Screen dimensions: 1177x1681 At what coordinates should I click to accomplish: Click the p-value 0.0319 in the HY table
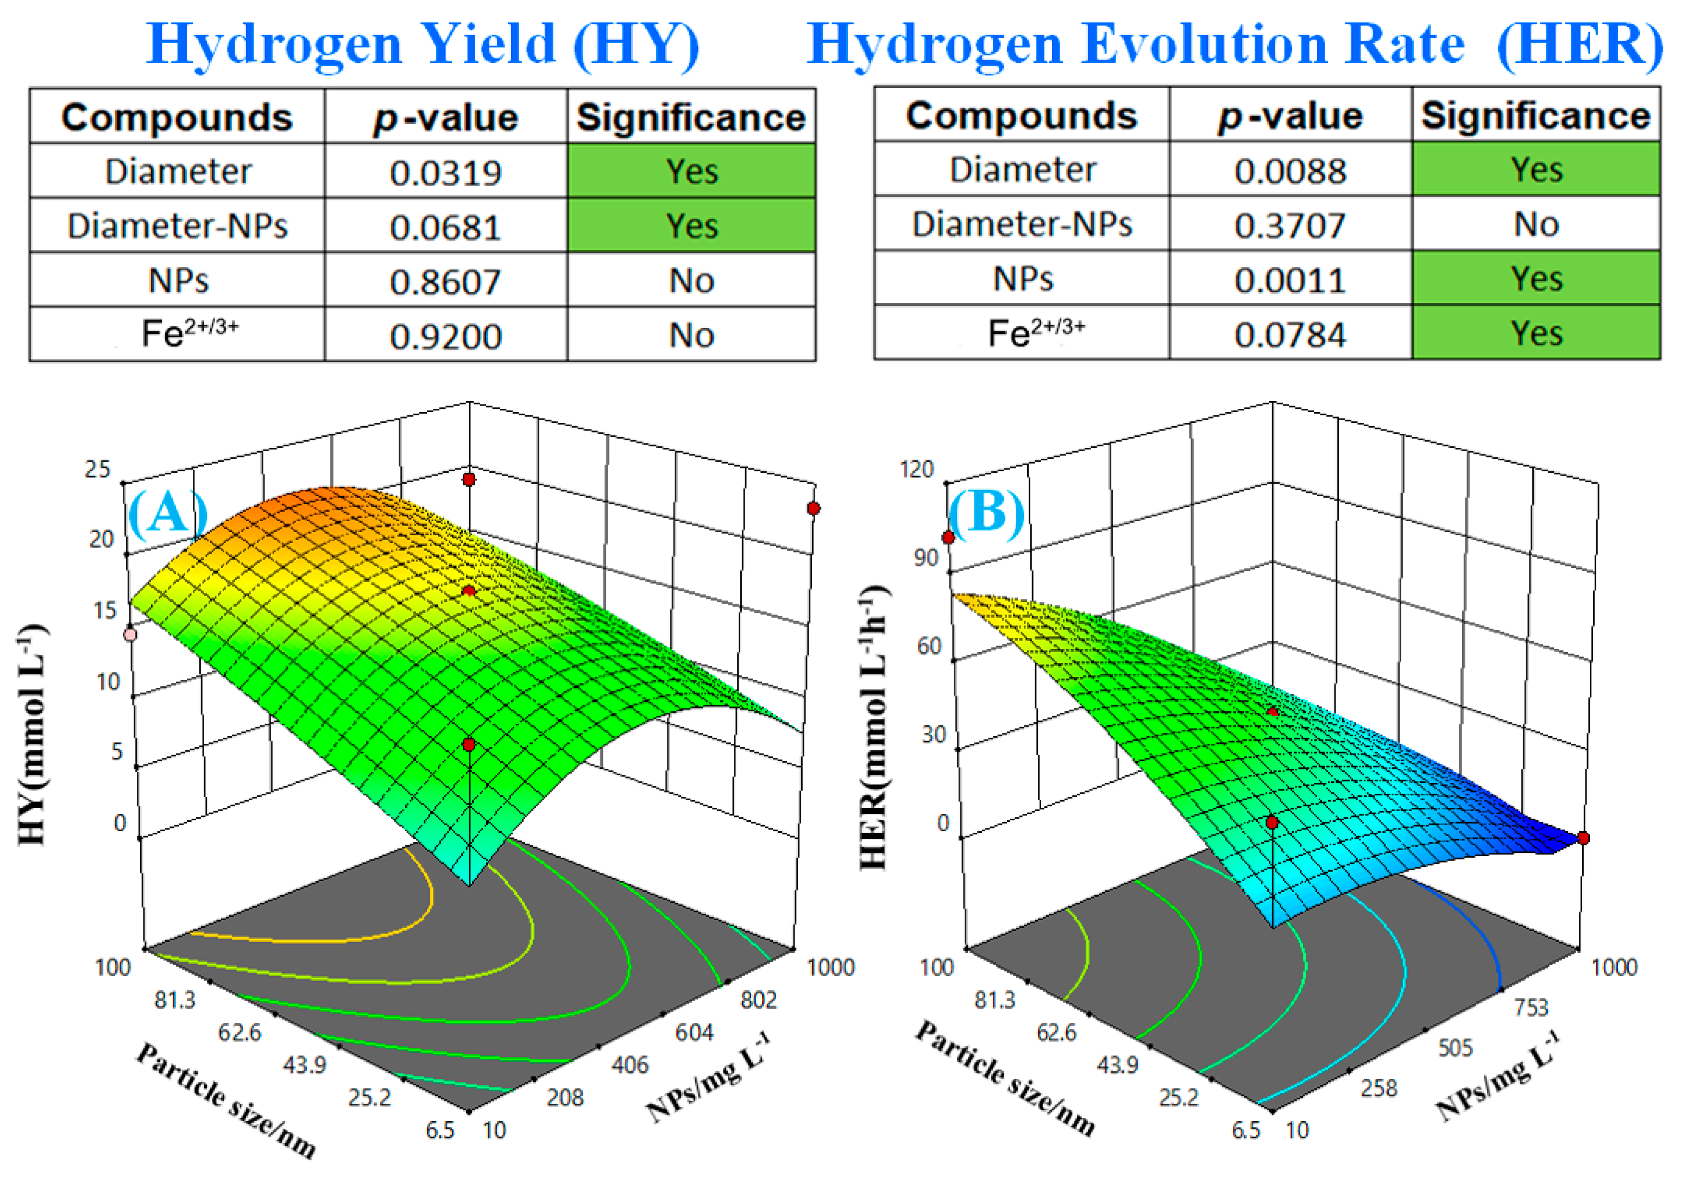point(445,173)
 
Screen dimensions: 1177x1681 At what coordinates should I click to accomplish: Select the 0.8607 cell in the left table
point(445,282)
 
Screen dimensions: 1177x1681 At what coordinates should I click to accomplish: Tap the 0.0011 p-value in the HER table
point(1289,280)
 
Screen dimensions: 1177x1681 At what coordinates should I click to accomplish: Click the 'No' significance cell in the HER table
point(1535,225)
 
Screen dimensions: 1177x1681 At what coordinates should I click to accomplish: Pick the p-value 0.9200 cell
point(445,337)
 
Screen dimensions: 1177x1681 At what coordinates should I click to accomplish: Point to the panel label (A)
point(167,512)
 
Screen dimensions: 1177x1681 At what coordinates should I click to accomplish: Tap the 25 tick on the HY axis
point(97,469)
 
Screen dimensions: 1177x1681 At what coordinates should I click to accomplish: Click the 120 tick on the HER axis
point(917,469)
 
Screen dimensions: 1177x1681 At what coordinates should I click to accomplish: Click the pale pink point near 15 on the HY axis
point(130,634)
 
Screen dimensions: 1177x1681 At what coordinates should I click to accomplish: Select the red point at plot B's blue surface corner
point(1583,838)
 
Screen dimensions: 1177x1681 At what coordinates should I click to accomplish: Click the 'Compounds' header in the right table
point(1021,116)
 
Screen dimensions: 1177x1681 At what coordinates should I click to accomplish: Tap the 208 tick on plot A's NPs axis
point(565,1097)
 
